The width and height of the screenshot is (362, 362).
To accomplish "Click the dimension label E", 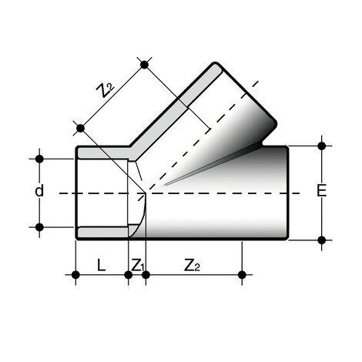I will pos(332,191).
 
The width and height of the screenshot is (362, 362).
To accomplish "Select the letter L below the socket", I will pos(101,265).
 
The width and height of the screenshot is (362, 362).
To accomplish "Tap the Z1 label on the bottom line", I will pos(138,265).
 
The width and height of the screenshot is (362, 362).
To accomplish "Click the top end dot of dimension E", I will pos(321,144).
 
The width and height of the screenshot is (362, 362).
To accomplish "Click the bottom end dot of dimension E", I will pos(321,239).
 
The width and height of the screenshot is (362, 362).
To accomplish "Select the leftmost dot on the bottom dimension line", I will pos(75,274).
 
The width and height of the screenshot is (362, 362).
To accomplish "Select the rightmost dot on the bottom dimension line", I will pos(243,274).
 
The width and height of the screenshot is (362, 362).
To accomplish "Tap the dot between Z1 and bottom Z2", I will pos(145,274).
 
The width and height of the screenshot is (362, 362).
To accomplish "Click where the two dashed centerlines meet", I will pos(146,192).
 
